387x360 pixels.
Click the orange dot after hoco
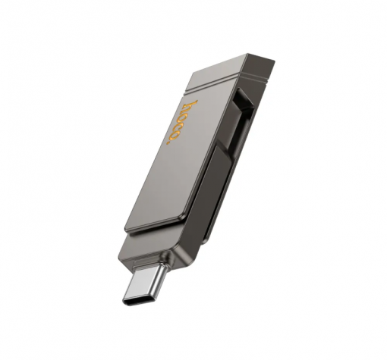[168, 142]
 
